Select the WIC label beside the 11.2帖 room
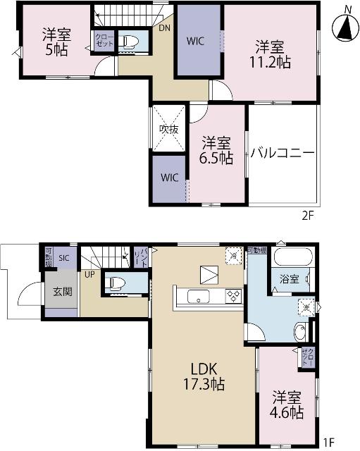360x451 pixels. point(196,41)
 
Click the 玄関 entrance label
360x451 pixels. point(63,291)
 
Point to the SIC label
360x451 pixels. point(64,258)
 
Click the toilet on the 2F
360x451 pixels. point(128,42)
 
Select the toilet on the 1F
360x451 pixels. point(116,284)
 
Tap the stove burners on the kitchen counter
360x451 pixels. point(232,297)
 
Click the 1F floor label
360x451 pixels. point(329,442)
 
